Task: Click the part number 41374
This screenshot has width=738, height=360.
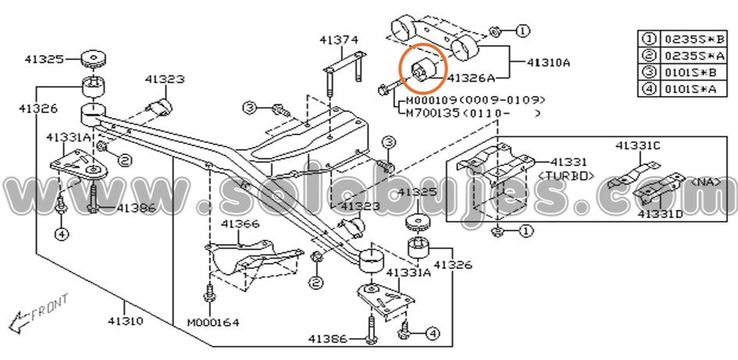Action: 338,39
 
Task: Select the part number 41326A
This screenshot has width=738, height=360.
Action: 472,78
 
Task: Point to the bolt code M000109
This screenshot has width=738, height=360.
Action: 432,101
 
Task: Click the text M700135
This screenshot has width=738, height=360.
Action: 432,113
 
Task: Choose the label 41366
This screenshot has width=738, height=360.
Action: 239,224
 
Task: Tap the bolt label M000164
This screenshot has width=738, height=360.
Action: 212,322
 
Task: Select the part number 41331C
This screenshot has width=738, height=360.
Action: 637,146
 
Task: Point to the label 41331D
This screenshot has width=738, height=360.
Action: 659,213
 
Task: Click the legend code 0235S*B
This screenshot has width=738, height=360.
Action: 694,38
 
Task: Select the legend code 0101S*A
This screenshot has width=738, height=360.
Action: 694,90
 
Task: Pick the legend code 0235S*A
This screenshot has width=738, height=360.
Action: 694,55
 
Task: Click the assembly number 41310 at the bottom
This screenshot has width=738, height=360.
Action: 124,321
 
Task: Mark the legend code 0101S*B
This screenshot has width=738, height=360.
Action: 694,73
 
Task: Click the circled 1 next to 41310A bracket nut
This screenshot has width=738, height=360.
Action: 522,30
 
